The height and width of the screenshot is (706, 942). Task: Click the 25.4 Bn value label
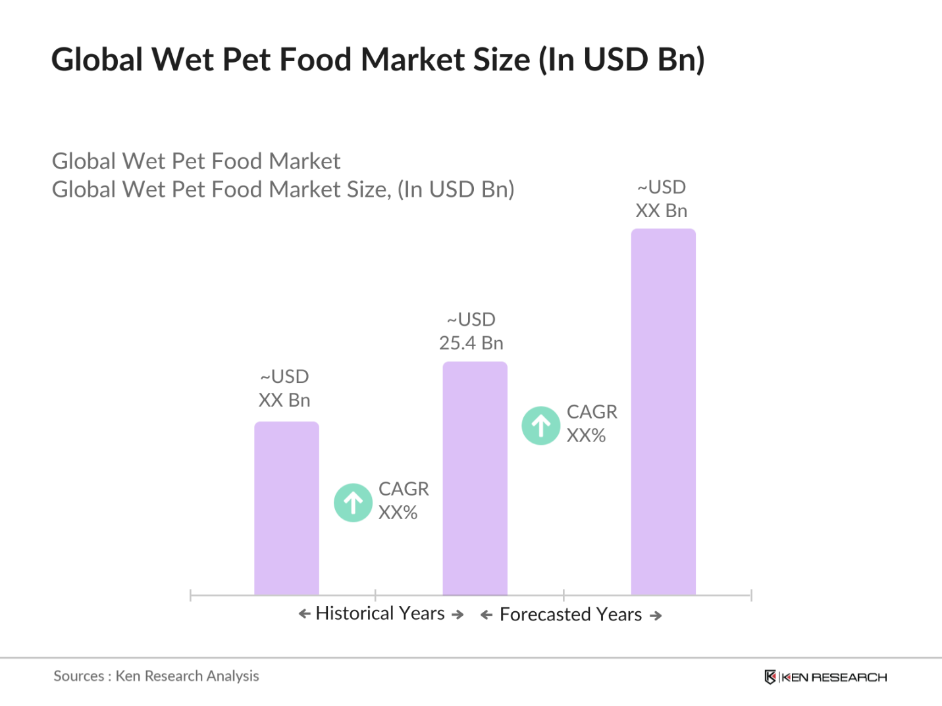(471, 332)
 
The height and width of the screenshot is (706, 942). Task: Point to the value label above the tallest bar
(662, 199)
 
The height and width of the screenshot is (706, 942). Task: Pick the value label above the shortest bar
(284, 388)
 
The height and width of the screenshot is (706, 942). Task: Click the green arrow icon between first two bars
(353, 503)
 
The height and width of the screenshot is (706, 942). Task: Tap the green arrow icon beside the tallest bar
(541, 426)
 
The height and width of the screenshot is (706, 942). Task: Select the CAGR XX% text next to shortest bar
(403, 501)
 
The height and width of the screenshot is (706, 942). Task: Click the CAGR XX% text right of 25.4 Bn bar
(591, 424)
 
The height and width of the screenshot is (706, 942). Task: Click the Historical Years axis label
(380, 613)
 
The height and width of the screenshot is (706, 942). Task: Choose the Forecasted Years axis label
(571, 615)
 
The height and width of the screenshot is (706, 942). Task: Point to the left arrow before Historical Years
(304, 614)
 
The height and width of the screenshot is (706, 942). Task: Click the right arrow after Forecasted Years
(656, 616)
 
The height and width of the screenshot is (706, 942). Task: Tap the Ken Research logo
(825, 677)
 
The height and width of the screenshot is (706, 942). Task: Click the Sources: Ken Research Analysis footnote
(156, 676)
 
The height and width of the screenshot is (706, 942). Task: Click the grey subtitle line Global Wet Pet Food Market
(196, 161)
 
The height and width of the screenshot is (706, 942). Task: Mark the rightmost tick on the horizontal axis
(751, 595)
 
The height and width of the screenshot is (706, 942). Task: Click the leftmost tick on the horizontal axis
(190, 595)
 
